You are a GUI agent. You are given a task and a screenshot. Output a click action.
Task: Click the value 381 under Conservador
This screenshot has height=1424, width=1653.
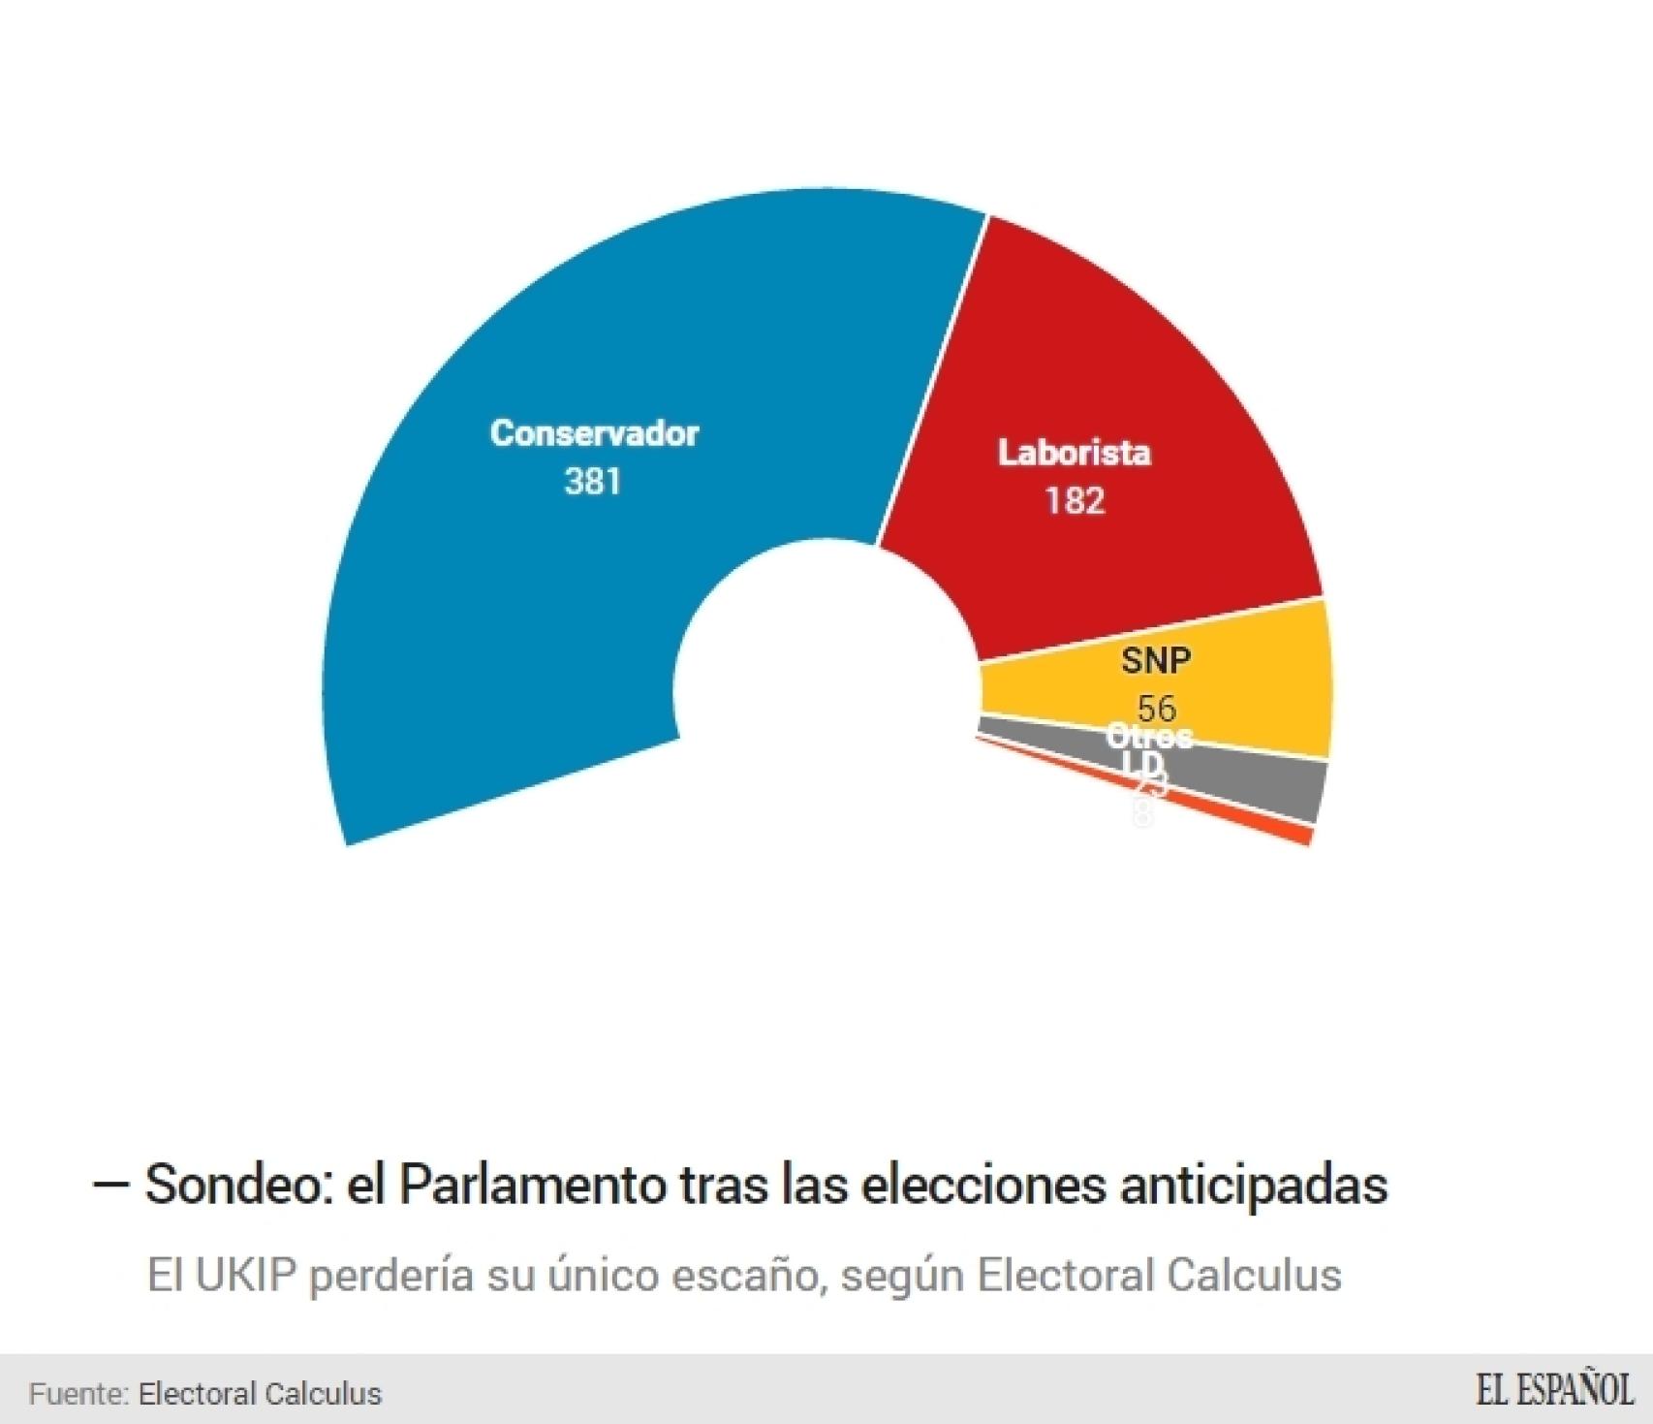[593, 482]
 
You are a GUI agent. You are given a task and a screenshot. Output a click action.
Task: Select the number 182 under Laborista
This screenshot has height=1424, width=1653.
[1075, 501]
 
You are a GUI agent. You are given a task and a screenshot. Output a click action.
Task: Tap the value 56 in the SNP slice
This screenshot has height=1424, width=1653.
[1156, 708]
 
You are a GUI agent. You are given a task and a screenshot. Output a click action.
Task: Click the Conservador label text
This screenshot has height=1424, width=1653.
[594, 433]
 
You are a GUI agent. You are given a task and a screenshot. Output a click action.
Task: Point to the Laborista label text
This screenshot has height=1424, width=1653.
[1075, 453]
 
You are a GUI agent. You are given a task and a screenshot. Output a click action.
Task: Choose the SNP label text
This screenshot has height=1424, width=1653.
[1156, 661]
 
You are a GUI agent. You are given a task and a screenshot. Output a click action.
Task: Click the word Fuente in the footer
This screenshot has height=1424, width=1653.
[78, 1394]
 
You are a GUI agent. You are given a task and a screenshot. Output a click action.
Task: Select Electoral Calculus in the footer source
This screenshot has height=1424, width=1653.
[260, 1394]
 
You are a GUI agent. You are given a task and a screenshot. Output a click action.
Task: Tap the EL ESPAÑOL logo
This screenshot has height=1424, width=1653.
[1554, 1390]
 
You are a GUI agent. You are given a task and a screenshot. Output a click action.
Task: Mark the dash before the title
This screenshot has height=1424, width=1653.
[110, 1185]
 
